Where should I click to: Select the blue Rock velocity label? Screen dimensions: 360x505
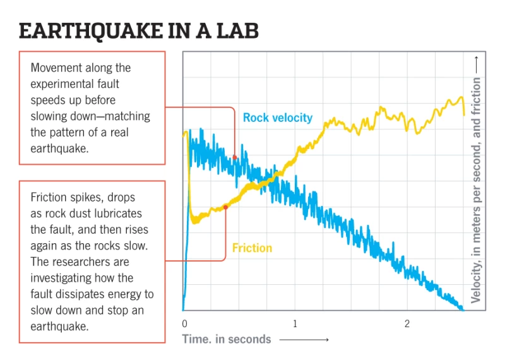tap(278, 117)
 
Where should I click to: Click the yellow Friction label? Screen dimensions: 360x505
tap(252, 248)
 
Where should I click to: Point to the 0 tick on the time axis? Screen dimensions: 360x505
tap(184, 324)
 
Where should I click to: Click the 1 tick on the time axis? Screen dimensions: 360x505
tap(295, 324)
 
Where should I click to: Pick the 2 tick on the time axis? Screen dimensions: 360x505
tap(407, 324)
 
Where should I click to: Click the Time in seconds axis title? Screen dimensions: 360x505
tap(227, 339)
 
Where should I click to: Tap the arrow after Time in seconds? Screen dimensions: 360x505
tap(304, 340)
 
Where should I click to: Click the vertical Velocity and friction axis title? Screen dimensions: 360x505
tap(477, 189)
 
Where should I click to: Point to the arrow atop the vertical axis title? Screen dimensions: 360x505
tap(477, 64)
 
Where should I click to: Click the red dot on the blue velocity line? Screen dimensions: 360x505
tap(235, 157)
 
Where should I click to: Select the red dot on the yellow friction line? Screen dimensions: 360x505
tap(225, 207)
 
